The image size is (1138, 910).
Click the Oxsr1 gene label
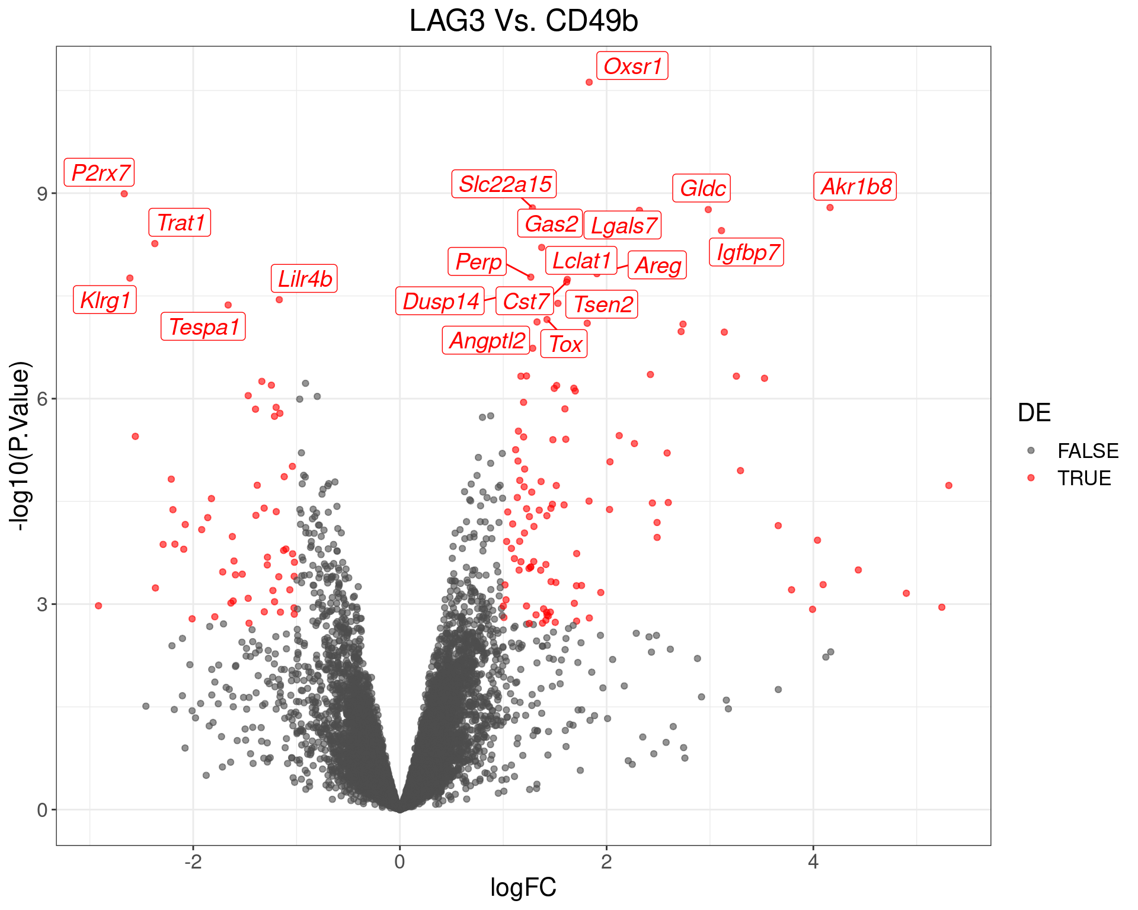[632, 66]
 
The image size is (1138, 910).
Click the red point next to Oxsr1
[589, 82]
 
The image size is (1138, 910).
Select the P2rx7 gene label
[100, 172]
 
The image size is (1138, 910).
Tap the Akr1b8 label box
[855, 187]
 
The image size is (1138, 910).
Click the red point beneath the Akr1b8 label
[830, 207]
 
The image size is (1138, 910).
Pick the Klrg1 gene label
[105, 300]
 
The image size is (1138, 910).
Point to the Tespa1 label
[203, 326]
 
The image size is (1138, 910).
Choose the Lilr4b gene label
[305, 278]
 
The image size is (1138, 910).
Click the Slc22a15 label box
[504, 184]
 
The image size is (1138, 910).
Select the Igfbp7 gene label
[747, 252]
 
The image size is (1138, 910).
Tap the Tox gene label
[564, 344]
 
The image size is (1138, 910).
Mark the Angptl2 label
[486, 341]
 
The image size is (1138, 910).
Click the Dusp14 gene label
[440, 301]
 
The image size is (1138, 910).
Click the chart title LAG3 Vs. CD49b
[523, 21]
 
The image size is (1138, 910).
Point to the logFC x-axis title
[523, 887]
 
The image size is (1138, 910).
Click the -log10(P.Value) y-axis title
[20, 446]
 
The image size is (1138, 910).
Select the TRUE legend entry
[1084, 478]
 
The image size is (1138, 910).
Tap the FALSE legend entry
[1088, 451]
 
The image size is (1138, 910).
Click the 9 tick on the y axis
[42, 194]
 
